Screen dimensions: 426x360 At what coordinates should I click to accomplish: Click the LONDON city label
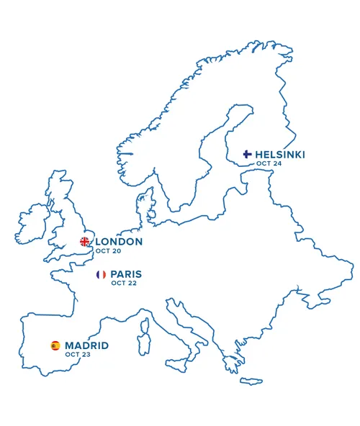click(x=119, y=242)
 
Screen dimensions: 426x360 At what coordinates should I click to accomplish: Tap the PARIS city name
click(x=126, y=274)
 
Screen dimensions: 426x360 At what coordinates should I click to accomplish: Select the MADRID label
click(x=86, y=345)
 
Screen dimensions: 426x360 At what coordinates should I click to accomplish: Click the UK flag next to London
click(x=85, y=242)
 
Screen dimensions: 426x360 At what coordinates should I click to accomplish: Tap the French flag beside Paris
click(x=101, y=274)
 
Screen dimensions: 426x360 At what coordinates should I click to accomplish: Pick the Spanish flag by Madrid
click(x=55, y=345)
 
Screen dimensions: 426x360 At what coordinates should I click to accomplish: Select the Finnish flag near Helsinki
click(x=247, y=154)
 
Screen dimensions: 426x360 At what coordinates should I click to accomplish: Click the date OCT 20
click(x=108, y=251)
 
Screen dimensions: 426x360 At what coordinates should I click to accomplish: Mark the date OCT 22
click(x=124, y=284)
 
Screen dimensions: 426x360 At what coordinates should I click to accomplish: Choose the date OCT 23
click(x=77, y=355)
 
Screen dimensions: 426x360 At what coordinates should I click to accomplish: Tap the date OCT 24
click(x=269, y=164)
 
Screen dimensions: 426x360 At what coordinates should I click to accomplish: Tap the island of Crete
click(x=251, y=381)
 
